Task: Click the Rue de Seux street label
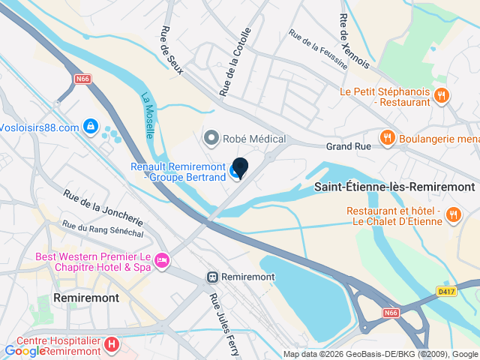(x=166, y=50)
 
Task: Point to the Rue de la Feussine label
(x=318, y=49)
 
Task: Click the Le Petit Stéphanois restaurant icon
(x=442, y=95)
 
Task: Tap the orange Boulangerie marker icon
(x=387, y=137)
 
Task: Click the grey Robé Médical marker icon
(x=211, y=138)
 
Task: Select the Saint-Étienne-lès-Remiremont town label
(x=395, y=186)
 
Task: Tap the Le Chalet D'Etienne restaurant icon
(x=453, y=216)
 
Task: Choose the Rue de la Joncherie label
(x=103, y=208)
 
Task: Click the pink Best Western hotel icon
(x=162, y=261)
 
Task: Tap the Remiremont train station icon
(x=213, y=277)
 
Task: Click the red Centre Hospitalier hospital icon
(x=112, y=345)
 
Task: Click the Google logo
(x=25, y=350)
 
